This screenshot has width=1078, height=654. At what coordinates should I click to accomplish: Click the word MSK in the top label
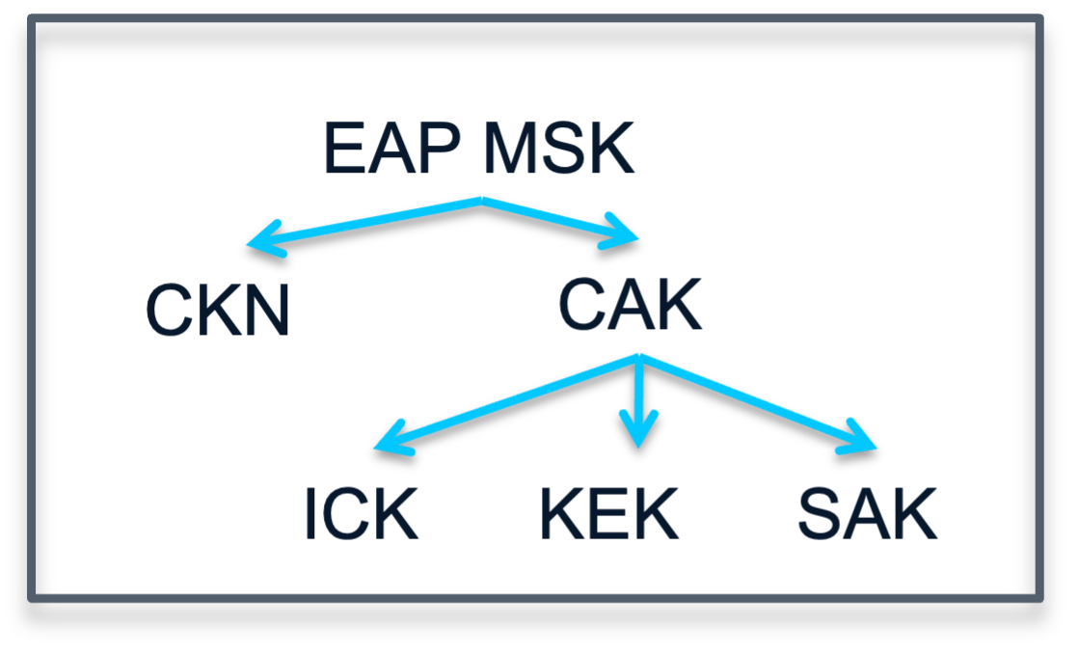click(x=558, y=150)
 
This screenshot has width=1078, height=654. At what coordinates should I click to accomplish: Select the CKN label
click(x=218, y=312)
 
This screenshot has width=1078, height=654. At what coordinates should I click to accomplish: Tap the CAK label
click(x=630, y=307)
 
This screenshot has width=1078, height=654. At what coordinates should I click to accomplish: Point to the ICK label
click(x=361, y=515)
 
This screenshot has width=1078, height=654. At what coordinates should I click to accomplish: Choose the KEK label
click(x=609, y=515)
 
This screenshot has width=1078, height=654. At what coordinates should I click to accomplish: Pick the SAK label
click(x=867, y=515)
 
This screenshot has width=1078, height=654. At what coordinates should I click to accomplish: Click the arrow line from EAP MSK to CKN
click(x=366, y=222)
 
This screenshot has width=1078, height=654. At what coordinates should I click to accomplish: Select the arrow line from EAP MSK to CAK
click(x=559, y=218)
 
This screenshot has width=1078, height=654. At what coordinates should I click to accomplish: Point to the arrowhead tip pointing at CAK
click(x=637, y=237)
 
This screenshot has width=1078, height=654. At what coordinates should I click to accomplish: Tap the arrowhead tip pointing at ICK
click(x=377, y=449)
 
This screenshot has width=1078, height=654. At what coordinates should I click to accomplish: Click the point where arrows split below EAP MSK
click(x=481, y=201)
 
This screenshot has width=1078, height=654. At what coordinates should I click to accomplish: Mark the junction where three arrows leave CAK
click(x=639, y=358)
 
